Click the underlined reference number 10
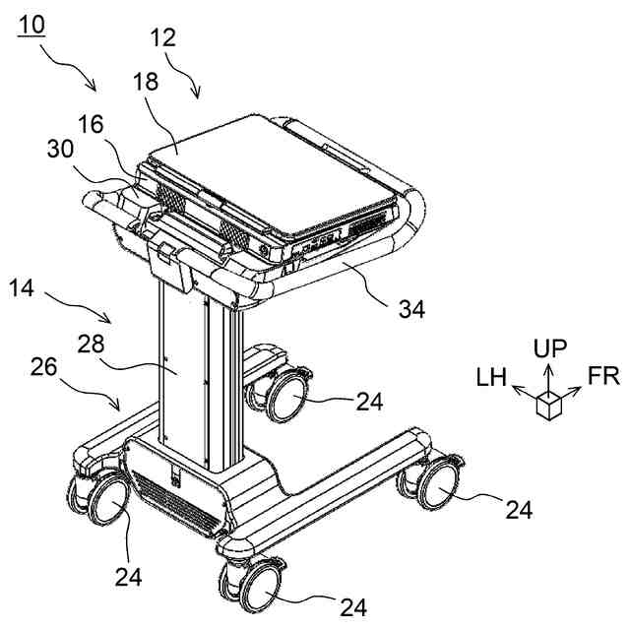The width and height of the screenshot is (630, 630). click(31, 23)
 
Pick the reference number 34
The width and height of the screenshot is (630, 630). click(411, 309)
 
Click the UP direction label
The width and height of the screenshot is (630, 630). click(549, 347)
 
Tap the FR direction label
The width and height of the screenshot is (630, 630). click(603, 376)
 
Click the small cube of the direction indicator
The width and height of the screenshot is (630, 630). click(547, 405)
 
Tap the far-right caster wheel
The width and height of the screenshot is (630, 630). click(436, 487)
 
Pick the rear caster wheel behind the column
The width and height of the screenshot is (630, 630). click(283, 395)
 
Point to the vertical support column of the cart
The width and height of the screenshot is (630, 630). click(197, 374)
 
